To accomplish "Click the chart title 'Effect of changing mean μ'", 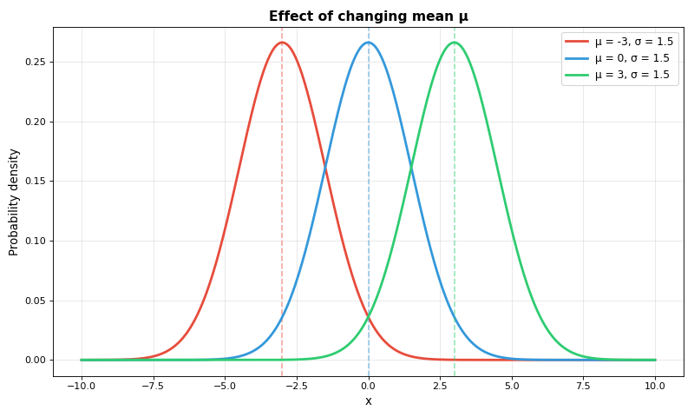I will [368, 17].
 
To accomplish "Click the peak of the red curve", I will [282, 43].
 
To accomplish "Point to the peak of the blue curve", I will [369, 43].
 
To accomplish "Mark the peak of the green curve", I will [455, 43].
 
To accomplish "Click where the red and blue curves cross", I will [325, 168].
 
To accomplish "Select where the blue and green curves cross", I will [411, 168].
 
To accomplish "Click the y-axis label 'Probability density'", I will [14, 202].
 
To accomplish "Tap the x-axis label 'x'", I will [368, 401].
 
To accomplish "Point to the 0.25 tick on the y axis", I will [35, 63].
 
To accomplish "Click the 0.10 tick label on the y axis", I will [35, 241].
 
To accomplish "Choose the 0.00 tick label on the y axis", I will [35, 360].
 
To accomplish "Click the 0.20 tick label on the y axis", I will [35, 122].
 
